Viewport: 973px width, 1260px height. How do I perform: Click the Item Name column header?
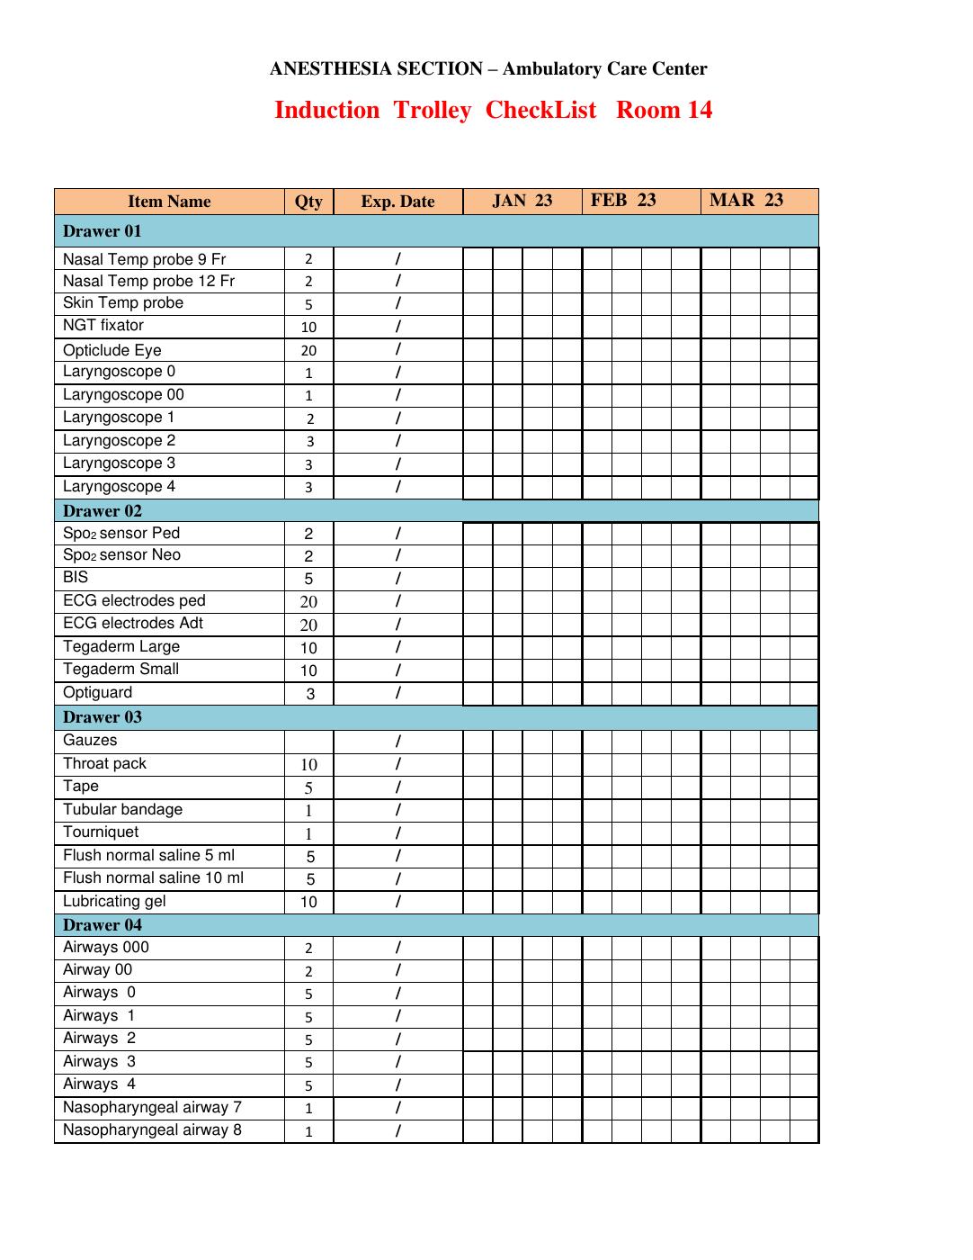pos(169,202)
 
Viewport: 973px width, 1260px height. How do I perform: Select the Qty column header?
pos(308,202)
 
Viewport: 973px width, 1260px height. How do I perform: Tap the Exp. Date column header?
pos(397,202)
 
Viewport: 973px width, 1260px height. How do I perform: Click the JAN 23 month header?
pos(522,201)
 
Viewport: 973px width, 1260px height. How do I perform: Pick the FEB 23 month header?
pos(623,200)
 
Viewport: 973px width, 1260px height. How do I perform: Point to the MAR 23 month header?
pos(745,200)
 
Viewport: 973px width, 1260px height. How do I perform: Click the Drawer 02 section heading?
pos(103,511)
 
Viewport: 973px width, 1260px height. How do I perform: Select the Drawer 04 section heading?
pos(103,925)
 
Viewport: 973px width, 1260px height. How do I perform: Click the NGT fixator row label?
pos(103,325)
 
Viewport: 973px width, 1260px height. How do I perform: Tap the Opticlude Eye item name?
pos(112,350)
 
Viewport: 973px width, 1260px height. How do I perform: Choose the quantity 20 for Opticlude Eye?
pos(308,351)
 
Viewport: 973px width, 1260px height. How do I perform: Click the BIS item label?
pos(76,577)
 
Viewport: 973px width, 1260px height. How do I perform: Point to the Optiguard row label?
pos(98,692)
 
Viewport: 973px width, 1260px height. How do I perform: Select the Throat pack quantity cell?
pos(308,765)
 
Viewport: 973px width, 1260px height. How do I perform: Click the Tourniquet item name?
pos(101,832)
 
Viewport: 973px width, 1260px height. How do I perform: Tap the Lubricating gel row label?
pos(114,901)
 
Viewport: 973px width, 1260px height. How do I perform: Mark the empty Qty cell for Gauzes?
pos(308,742)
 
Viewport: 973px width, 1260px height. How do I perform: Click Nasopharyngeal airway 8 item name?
pos(152,1129)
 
